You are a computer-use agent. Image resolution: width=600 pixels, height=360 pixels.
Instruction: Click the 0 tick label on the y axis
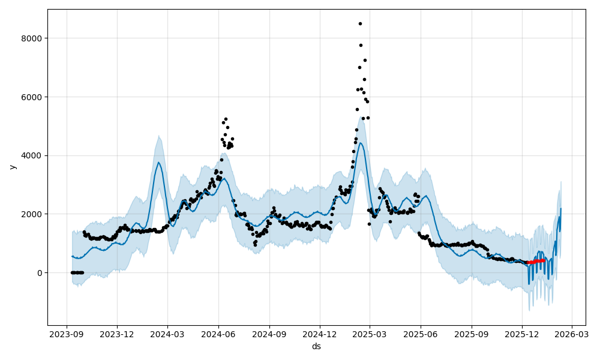(x=40, y=273)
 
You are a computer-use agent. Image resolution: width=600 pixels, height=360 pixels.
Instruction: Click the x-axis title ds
(x=316, y=346)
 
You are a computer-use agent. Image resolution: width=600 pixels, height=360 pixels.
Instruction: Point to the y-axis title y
(x=11, y=167)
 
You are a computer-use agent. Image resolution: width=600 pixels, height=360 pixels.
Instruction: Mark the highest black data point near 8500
(x=360, y=24)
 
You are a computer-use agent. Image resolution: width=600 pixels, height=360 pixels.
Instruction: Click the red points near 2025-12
(x=536, y=261)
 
